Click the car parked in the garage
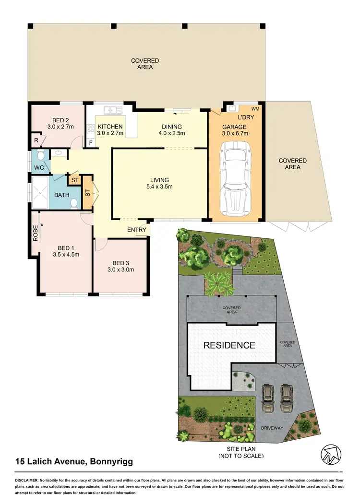(235, 181)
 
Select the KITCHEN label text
(110, 127)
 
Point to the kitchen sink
(112, 110)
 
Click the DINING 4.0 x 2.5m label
(171, 130)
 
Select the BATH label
(61, 195)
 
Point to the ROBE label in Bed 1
(35, 233)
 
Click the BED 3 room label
(120, 266)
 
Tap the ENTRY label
(136, 230)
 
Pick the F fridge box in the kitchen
(91, 142)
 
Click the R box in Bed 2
(36, 141)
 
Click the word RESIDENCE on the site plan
(229, 345)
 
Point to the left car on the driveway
(266, 398)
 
